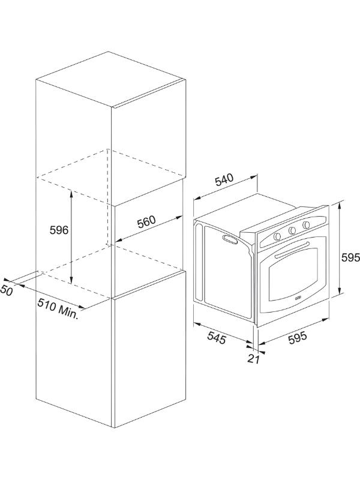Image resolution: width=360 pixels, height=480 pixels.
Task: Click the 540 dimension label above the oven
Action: click(x=224, y=180)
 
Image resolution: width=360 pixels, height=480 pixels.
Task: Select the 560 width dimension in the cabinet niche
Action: click(x=146, y=222)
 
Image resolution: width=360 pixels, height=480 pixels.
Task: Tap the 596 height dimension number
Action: click(x=59, y=230)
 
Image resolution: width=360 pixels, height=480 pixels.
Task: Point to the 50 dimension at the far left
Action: click(x=7, y=290)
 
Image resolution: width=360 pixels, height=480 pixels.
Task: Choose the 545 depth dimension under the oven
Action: click(x=217, y=338)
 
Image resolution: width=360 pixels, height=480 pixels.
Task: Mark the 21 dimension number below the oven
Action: click(x=253, y=359)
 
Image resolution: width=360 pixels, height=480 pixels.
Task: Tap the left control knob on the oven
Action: click(x=277, y=236)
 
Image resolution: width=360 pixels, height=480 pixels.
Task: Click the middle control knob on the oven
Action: click(x=292, y=230)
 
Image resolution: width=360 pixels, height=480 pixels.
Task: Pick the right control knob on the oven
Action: click(x=306, y=225)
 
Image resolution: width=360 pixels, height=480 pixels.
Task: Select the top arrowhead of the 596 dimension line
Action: click(x=71, y=193)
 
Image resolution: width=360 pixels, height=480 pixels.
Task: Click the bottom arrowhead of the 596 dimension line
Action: click(x=71, y=280)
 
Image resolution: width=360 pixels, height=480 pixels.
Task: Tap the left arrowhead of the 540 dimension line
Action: click(x=197, y=199)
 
